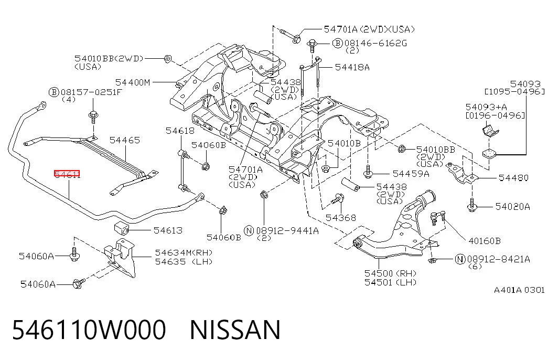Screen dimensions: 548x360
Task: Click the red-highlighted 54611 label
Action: [67, 174]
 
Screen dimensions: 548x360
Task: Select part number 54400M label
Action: [133, 82]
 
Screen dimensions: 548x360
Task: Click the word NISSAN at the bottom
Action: [235, 330]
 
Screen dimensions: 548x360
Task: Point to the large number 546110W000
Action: [89, 330]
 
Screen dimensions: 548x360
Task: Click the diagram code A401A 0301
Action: [519, 290]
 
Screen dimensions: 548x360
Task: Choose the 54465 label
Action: [125, 140]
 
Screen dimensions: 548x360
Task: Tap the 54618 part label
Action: [180, 131]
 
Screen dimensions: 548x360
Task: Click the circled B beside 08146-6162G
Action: [337, 43]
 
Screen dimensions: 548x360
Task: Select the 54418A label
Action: [352, 67]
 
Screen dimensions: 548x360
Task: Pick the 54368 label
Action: [341, 218]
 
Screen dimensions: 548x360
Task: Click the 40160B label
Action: [485, 241]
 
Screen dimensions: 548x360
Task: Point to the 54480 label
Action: [513, 178]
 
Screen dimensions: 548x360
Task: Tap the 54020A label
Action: [513, 207]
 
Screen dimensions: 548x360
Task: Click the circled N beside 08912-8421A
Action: [460, 259]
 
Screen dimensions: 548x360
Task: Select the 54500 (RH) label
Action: [390, 273]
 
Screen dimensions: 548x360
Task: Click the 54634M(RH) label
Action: [184, 252]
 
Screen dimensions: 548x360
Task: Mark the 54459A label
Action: [411, 174]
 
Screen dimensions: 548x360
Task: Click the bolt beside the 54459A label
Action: [368, 172]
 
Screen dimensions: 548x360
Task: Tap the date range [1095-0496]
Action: [514, 92]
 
